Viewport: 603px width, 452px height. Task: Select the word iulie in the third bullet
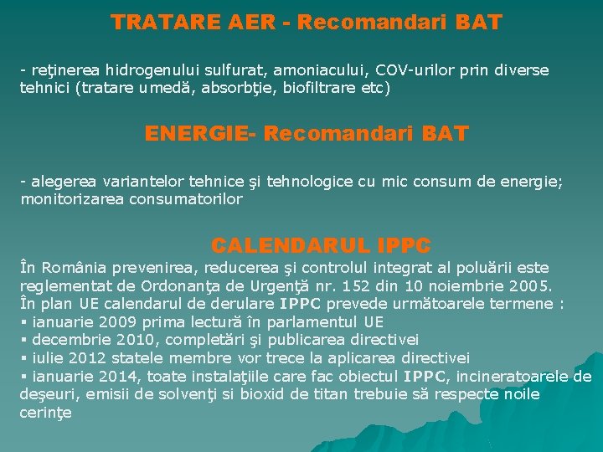coord(47,358)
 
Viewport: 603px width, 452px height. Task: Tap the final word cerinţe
coord(45,413)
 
